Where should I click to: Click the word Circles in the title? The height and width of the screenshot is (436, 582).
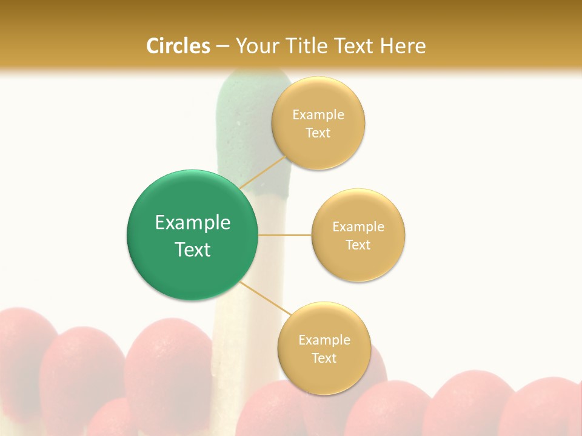pyautogui.click(x=178, y=46)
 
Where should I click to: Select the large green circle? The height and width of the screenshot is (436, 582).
pyautogui.click(x=192, y=235)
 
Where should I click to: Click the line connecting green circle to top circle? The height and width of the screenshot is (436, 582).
pyautogui.click(x=263, y=172)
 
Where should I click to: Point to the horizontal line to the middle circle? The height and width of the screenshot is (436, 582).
pyautogui.click(x=284, y=235)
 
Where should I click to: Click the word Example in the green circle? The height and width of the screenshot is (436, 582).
pyautogui.click(x=193, y=223)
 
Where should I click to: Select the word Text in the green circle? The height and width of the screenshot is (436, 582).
pyautogui.click(x=193, y=249)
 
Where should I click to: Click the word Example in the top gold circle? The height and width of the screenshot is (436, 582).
pyautogui.click(x=318, y=115)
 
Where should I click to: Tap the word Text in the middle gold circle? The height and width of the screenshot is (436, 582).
pyautogui.click(x=358, y=245)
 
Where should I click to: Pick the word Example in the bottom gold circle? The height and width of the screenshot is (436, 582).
pyautogui.click(x=324, y=340)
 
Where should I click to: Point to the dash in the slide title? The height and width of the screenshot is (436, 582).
pyautogui.click(x=222, y=46)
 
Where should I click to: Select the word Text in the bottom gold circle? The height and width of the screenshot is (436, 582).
pyautogui.click(x=324, y=358)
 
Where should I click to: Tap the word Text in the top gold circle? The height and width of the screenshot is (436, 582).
pyautogui.click(x=318, y=133)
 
